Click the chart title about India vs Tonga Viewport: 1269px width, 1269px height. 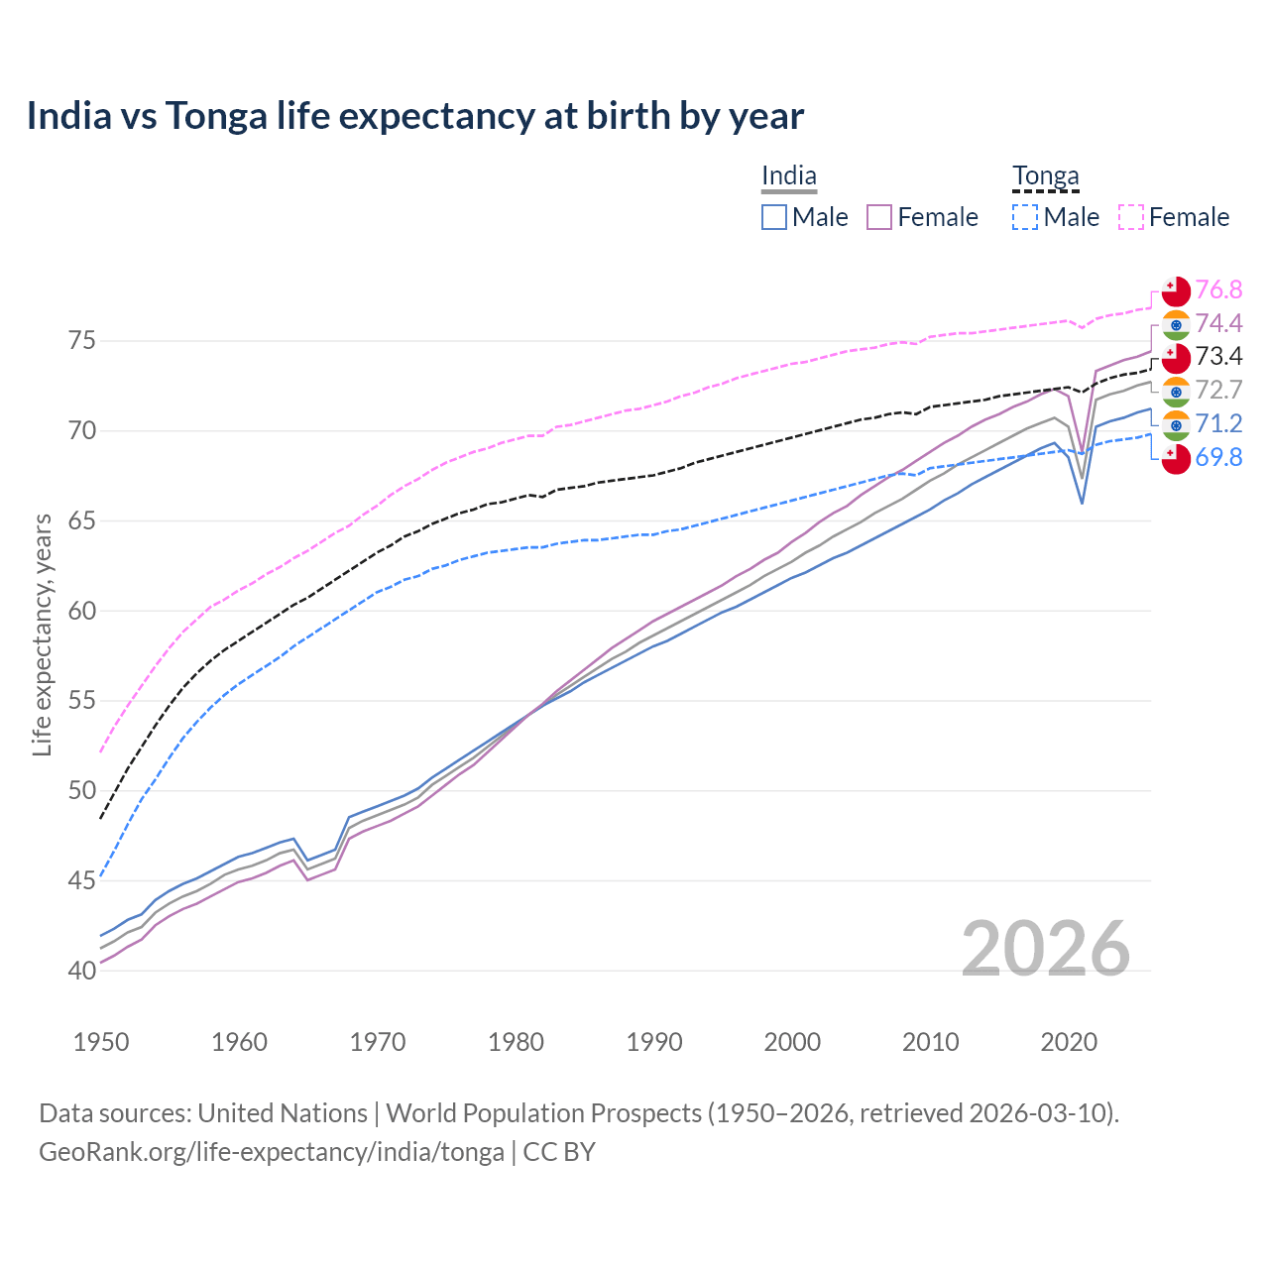pos(414,116)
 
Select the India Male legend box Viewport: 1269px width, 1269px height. pos(774,217)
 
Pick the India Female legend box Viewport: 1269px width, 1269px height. pos(879,217)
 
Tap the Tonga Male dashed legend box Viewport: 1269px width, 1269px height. pos(1025,217)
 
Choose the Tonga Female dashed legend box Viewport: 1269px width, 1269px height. pos(1131,217)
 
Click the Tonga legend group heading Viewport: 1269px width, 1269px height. pos(1045,176)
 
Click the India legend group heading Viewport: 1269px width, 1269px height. pos(789,176)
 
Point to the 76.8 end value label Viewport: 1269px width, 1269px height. pos(1218,289)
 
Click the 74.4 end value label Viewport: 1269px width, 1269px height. pos(1218,323)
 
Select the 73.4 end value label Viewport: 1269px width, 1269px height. pos(1218,356)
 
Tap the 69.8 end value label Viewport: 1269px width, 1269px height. pos(1218,457)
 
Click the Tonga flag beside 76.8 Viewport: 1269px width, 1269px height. pos(1176,291)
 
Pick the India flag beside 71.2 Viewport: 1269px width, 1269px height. pos(1176,425)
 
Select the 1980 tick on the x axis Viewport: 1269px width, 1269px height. pos(516,1042)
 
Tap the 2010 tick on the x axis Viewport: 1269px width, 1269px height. pos(930,1042)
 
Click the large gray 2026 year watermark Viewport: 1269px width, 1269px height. pos(1046,949)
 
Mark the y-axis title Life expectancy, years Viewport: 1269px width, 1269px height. pos(43,634)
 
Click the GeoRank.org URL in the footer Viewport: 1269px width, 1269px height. pos(271,1152)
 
